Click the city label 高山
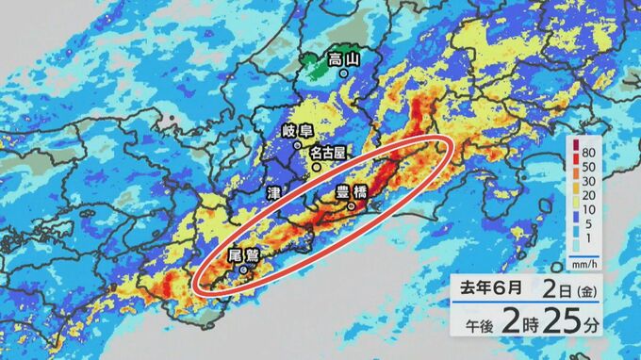click(345, 61)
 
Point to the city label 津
click(274, 191)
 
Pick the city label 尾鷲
click(243, 254)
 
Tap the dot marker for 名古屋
click(317, 166)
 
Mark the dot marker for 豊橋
click(351, 205)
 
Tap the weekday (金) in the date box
click(587, 286)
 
